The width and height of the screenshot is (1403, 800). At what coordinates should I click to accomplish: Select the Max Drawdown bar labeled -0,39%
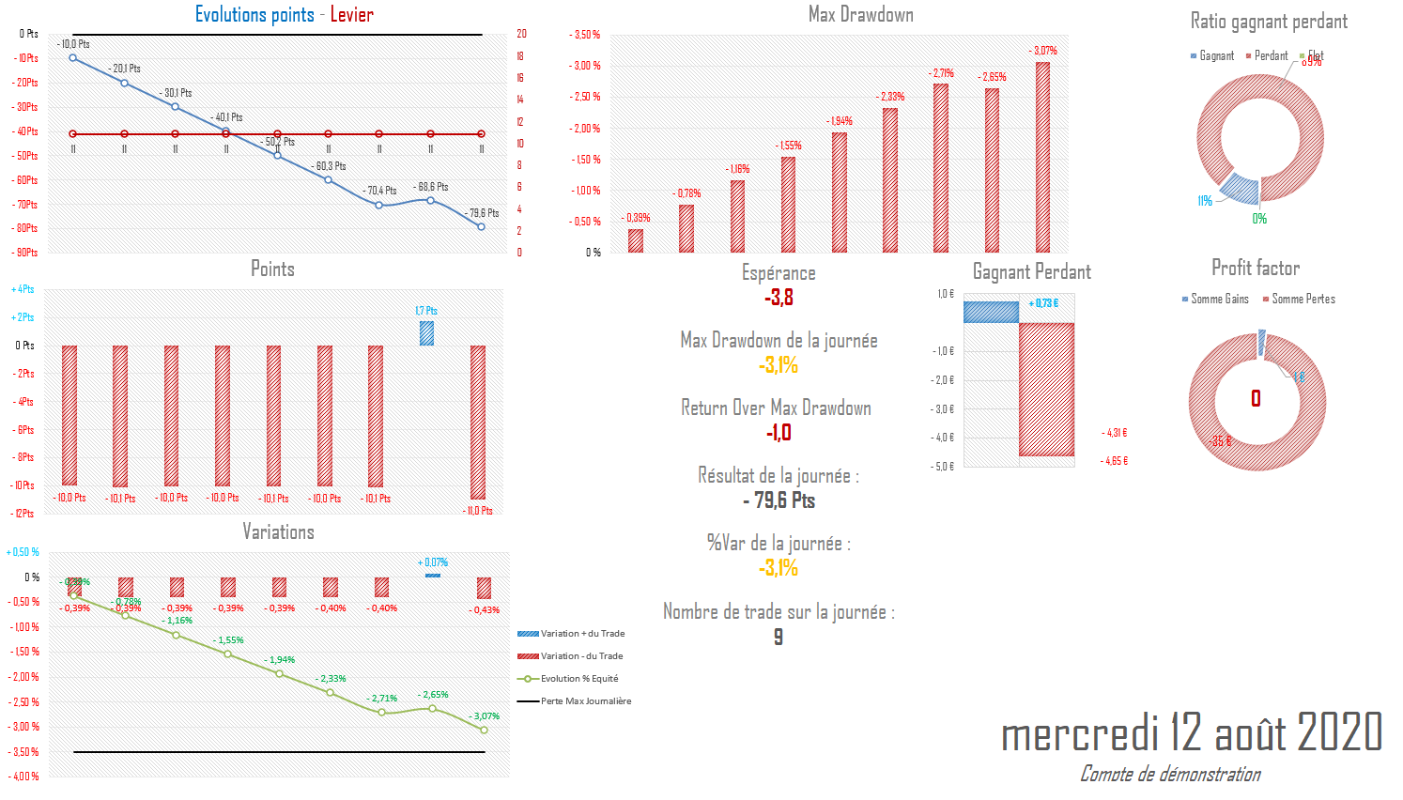(636, 240)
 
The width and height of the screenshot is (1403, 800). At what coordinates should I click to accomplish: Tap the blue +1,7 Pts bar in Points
(426, 333)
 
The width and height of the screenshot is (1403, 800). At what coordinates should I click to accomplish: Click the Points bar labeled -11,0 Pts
(478, 423)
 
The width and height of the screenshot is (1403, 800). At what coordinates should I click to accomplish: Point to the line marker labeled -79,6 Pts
(482, 226)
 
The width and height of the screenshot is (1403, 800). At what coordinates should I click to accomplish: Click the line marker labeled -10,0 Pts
(73, 58)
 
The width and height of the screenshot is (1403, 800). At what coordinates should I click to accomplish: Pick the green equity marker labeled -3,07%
(485, 730)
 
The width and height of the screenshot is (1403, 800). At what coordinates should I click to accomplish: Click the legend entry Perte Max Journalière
(585, 701)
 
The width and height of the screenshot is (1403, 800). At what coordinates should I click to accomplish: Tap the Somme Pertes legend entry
(1303, 300)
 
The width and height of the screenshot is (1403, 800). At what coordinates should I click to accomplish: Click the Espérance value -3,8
(779, 299)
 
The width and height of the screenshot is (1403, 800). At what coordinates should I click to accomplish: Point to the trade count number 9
(778, 638)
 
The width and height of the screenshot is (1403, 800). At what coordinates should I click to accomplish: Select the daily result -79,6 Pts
(779, 500)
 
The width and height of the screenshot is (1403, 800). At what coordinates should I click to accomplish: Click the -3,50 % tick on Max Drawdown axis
(586, 35)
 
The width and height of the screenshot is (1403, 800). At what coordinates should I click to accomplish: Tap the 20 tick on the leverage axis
(521, 34)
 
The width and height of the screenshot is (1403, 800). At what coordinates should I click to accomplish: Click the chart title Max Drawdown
(860, 14)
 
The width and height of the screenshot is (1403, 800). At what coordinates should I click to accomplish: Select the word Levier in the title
(351, 14)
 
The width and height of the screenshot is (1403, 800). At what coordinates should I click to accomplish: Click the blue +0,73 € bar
(991, 312)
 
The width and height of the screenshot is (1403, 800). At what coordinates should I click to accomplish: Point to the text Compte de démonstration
(1170, 774)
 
